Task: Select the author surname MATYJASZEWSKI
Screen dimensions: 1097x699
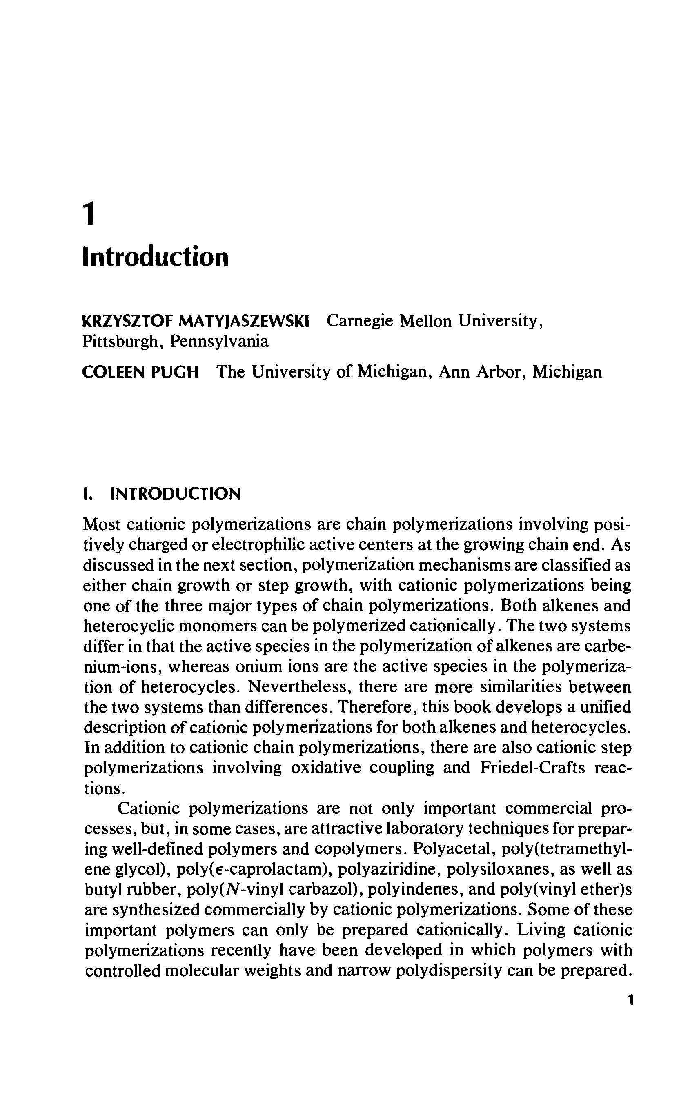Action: [244, 321]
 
